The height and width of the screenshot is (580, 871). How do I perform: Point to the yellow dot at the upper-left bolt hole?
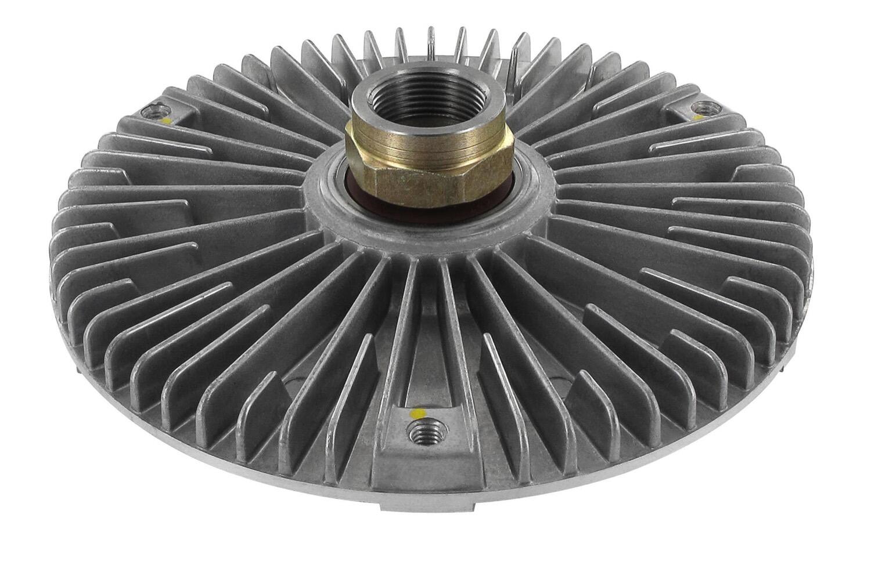pyautogui.click(x=167, y=121)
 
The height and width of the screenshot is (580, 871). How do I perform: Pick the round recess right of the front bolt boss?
pyautogui.click(x=557, y=383)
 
